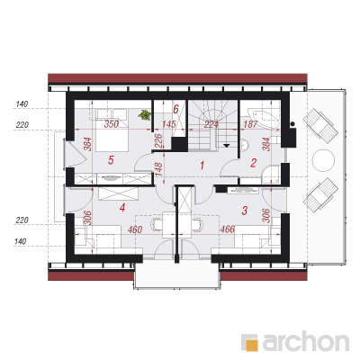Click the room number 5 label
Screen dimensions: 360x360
111,160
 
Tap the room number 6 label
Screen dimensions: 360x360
175,109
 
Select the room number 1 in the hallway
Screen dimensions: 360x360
202,165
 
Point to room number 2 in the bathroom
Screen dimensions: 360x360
254,163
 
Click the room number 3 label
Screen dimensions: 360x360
245,211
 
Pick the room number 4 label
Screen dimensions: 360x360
121,208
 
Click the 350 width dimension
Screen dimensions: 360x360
112,124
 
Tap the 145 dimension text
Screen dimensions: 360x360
169,124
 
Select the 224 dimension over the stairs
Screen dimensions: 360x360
211,124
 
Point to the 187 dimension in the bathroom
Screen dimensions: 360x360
250,124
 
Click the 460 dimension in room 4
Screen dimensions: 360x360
135,229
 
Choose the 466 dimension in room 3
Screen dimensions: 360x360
228,229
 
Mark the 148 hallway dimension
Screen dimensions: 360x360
158,169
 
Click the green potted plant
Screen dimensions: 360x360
145,115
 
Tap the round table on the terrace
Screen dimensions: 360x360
323,160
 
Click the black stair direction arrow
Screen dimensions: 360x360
227,146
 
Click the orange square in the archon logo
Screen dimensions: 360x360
252,345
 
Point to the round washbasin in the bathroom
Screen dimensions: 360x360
245,145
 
